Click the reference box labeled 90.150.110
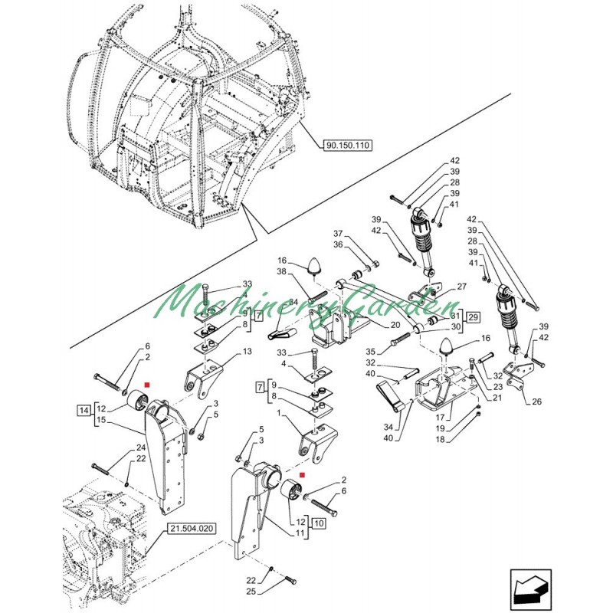pos(348,146)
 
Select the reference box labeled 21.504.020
pos(192,529)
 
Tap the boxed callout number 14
pos(84,411)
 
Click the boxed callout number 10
pos(319,523)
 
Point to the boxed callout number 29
pos(473,316)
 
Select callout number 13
pos(247,352)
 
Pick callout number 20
pos(395,325)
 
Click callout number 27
pos(462,287)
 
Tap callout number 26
pos(537,402)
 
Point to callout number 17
pos(441,418)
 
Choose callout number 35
pos(371,352)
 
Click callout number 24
pos(141,447)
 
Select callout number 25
pos(251,592)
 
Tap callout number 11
pos(300,533)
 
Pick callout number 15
pos(101,420)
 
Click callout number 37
pos(338,234)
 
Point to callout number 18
pos(441,439)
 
